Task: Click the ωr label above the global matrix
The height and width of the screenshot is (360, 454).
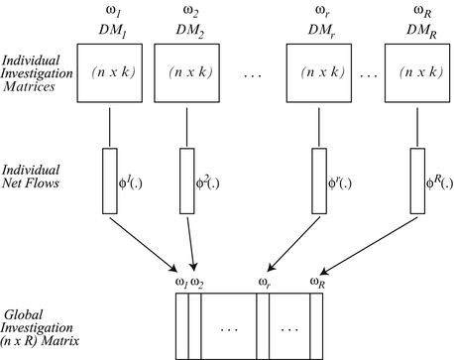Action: (265, 284)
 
